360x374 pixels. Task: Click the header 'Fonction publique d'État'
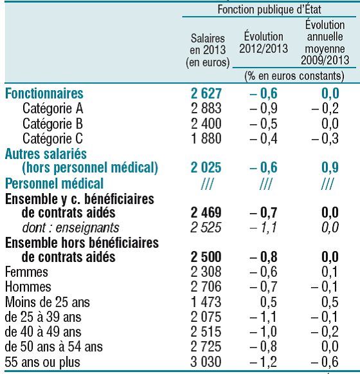(269, 10)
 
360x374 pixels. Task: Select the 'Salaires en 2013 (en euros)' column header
(208, 50)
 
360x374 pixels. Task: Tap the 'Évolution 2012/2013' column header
(264, 42)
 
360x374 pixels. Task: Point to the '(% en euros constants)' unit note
(294, 76)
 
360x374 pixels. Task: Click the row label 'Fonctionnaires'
(44, 93)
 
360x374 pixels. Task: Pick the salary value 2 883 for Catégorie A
(206, 108)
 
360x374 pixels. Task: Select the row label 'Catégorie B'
(53, 124)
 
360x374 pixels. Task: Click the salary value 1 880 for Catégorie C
(206, 138)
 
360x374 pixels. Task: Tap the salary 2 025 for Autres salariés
(206, 167)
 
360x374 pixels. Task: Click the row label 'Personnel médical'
(55, 183)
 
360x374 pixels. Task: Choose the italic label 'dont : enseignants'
(71, 227)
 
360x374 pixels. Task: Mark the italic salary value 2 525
(206, 227)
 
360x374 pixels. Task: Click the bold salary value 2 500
(206, 257)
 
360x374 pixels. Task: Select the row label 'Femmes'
(26, 272)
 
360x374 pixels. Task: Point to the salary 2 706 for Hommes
(206, 286)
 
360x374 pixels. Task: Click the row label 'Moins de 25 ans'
(48, 302)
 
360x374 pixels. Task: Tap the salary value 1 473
(206, 302)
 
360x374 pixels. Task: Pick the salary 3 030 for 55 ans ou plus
(206, 362)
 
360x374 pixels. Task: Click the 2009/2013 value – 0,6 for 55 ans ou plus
(325, 362)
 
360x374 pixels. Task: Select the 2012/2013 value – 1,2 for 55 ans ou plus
(264, 362)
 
